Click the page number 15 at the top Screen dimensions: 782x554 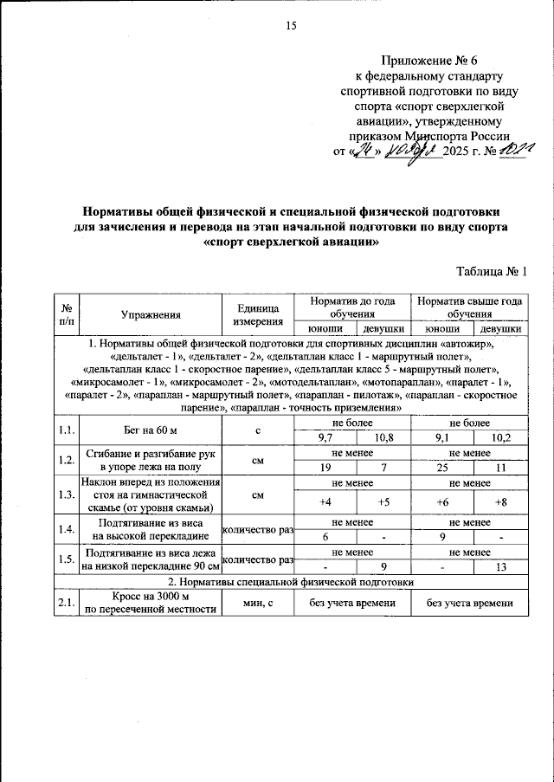[x=291, y=26]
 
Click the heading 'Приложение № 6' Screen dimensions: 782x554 [x=429, y=61]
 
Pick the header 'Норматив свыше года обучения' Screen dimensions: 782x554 [x=469, y=307]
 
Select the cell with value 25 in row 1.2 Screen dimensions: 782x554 [x=441, y=468]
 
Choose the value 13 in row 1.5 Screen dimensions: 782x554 [x=499, y=568]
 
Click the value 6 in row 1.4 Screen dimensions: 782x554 [x=325, y=537]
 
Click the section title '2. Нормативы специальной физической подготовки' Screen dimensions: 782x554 [x=291, y=581]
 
